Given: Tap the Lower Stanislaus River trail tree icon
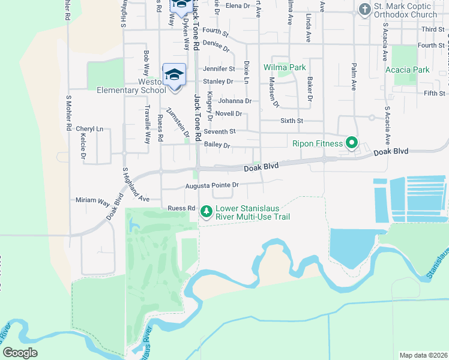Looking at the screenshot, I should point(206,211).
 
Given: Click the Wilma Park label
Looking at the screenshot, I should point(285,67).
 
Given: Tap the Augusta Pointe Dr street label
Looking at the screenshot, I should point(212,185).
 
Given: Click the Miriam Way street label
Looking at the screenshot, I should point(91,200).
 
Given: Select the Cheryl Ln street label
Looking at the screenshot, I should point(89,129).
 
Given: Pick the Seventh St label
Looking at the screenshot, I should point(220,131).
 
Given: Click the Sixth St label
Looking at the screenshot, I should point(293,121).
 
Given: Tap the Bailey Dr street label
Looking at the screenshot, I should point(217,145).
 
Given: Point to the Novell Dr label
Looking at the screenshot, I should point(228,113).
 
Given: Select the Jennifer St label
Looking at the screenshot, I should point(218,69).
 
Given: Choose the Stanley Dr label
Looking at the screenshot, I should point(218,81).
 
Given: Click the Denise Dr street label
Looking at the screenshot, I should point(217,43).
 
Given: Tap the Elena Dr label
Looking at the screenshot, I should point(238,5).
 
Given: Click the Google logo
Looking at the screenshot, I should point(20,353).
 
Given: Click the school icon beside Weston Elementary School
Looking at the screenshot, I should point(174,75).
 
